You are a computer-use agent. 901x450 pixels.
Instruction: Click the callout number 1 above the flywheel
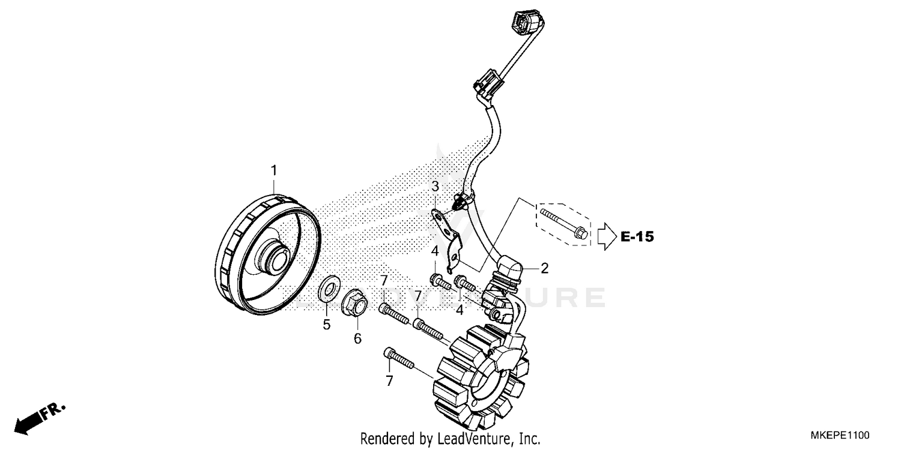click(274, 170)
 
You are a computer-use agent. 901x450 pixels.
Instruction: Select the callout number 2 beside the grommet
click(544, 268)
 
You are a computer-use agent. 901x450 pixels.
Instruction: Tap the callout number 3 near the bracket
click(435, 187)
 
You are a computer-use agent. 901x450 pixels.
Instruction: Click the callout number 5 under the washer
click(327, 325)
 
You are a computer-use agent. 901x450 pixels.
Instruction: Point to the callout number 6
click(357, 338)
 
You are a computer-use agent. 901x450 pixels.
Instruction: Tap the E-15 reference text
click(637, 237)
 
